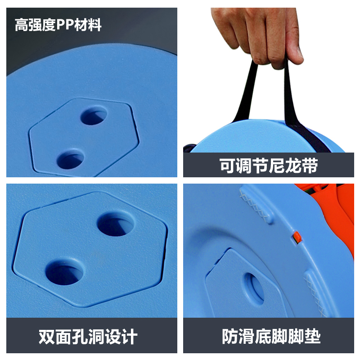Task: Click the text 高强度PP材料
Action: tap(58, 25)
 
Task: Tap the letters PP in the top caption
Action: tap(66, 25)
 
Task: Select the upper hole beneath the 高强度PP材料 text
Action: tap(94, 116)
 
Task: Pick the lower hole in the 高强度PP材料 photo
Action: tap(71, 158)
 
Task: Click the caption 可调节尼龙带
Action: tap(269, 166)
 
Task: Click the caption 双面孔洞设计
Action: tap(88, 337)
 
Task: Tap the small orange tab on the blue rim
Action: tap(297, 236)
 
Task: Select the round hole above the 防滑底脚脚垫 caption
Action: tap(254, 288)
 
